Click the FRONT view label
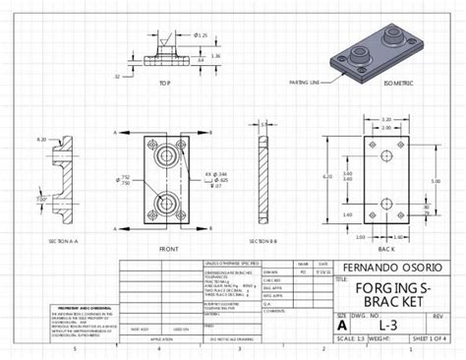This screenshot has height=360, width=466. tap(168, 249)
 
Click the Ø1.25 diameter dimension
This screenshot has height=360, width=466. tap(201, 35)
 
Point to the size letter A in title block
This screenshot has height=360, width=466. tap(342, 324)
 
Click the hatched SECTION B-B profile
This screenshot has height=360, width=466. tap(262, 182)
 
